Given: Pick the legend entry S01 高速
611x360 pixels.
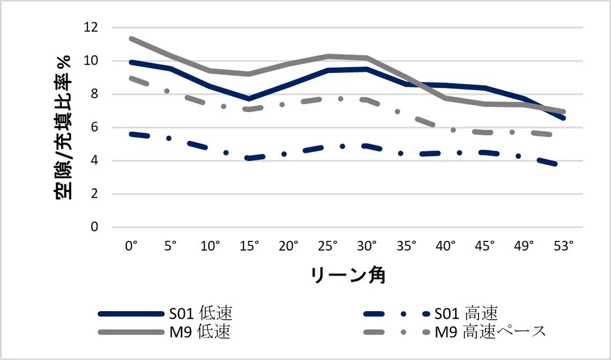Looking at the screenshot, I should coord(466,313).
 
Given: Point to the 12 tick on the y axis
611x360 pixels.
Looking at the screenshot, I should coord(92,27).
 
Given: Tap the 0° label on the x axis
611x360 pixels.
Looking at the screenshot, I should coord(131,246).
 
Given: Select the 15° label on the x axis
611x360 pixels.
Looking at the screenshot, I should coord(249,246).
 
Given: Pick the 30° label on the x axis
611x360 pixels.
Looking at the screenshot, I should coord(367,246).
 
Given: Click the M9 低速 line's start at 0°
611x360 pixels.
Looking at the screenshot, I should coord(131,38).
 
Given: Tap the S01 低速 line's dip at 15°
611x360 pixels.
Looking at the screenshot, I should coord(249,98).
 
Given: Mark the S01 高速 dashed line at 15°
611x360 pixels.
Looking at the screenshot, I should coord(249,158).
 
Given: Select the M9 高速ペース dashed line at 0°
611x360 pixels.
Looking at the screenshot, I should coord(131,77).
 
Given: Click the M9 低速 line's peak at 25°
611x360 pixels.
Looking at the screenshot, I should coord(328,56).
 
